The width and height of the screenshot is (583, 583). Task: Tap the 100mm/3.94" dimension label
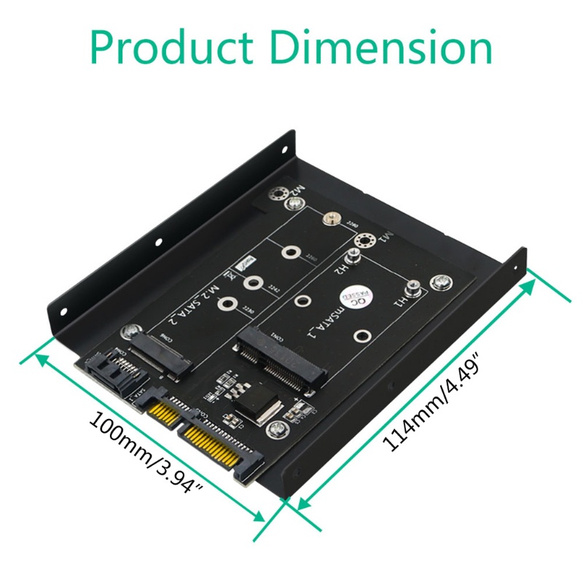tap(145, 452)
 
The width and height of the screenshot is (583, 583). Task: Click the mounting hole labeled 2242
tap(254, 285)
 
